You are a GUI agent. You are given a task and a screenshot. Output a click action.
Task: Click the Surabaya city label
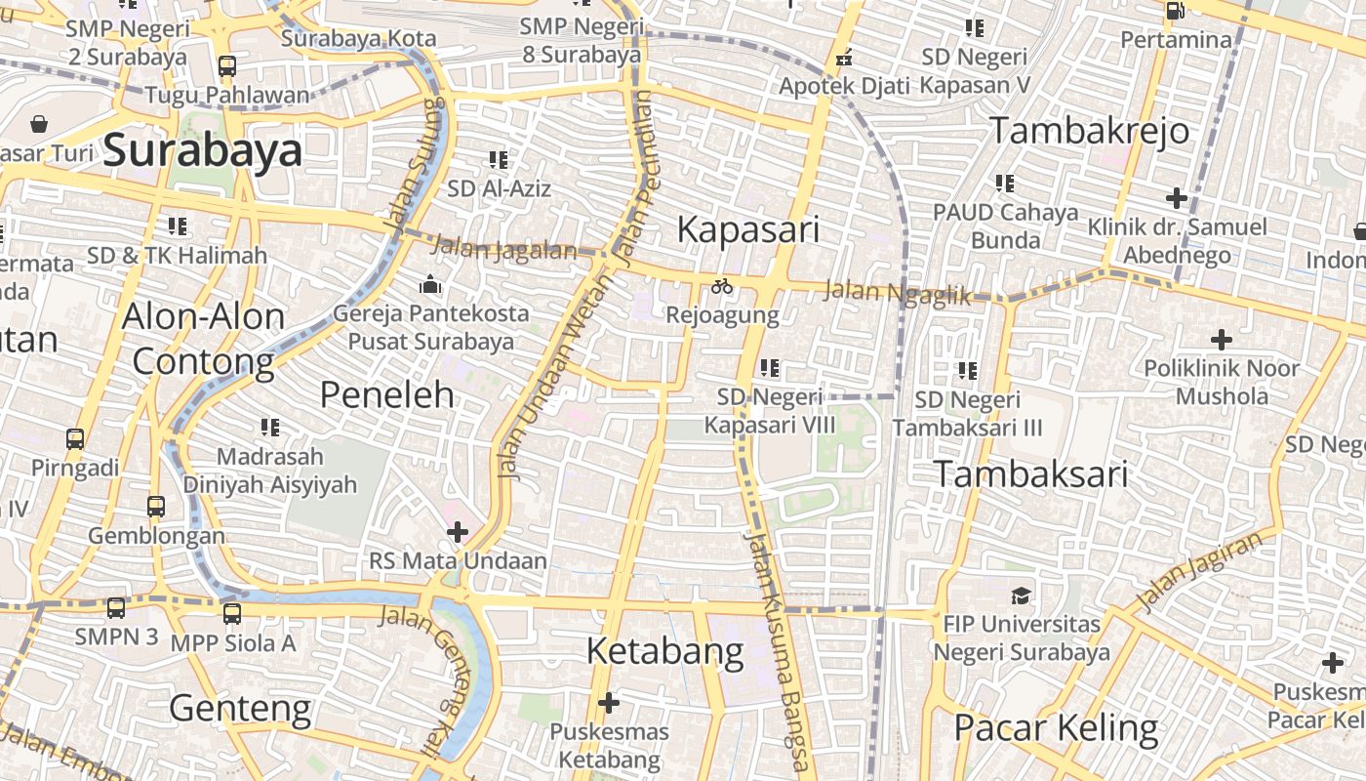pyautogui.click(x=202, y=151)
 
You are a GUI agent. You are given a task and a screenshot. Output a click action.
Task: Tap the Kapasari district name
pyautogui.click(x=747, y=230)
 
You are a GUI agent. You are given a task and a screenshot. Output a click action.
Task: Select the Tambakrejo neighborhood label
pyautogui.click(x=1090, y=131)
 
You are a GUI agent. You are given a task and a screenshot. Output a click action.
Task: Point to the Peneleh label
pyautogui.click(x=387, y=394)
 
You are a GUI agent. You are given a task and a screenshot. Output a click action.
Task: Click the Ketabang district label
pyautogui.click(x=664, y=651)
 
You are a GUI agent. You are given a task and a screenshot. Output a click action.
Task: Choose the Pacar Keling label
pyautogui.click(x=1056, y=728)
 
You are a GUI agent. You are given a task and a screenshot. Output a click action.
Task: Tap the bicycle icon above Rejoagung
pyautogui.click(x=722, y=286)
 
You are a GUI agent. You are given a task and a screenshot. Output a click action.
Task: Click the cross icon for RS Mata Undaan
pyautogui.click(x=457, y=532)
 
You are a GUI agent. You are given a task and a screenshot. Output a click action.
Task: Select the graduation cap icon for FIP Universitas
pyautogui.click(x=1021, y=595)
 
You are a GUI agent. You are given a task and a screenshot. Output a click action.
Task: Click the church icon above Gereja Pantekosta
pyautogui.click(x=430, y=285)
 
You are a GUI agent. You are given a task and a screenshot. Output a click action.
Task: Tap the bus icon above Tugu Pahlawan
pyautogui.click(x=226, y=66)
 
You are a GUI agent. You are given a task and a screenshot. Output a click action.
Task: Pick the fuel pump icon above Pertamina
pyautogui.click(x=1176, y=11)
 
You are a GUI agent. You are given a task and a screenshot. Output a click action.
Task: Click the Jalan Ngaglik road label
pyautogui.click(x=897, y=292)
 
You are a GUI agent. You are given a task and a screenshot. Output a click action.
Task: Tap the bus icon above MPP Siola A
pyautogui.click(x=231, y=613)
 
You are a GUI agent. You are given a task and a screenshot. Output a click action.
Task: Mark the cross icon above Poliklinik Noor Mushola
pyautogui.click(x=1221, y=340)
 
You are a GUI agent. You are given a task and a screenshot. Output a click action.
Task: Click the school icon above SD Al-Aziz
pyautogui.click(x=499, y=159)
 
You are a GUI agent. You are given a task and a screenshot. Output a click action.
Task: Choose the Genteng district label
pyautogui.click(x=240, y=708)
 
